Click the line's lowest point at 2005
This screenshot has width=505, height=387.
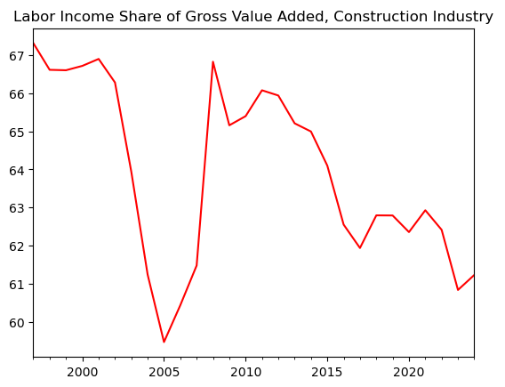click(x=164, y=342)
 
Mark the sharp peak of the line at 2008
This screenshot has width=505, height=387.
click(x=212, y=61)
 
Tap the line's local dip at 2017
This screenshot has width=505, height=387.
click(x=359, y=248)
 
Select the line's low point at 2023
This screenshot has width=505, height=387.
click(x=458, y=290)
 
